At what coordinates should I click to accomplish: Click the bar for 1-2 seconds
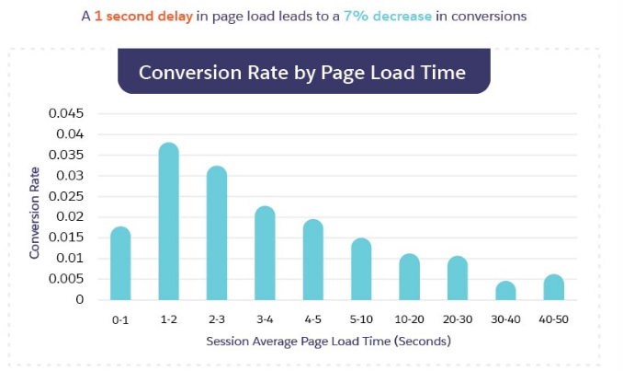coord(168,222)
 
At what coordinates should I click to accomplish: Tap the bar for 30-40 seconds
coord(505,291)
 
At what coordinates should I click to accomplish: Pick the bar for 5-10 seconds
coord(361,269)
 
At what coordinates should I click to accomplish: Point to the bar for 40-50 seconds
coord(553,287)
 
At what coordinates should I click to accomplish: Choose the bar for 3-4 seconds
coord(265,253)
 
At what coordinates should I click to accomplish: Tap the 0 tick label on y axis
coord(80,299)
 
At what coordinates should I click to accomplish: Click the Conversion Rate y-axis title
coord(35,211)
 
